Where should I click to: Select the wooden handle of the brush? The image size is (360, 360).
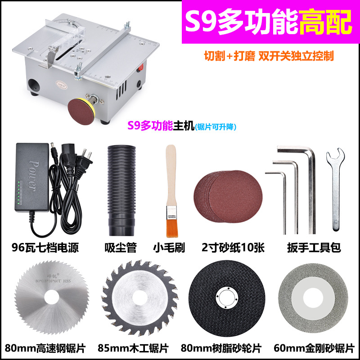click(170, 175)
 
